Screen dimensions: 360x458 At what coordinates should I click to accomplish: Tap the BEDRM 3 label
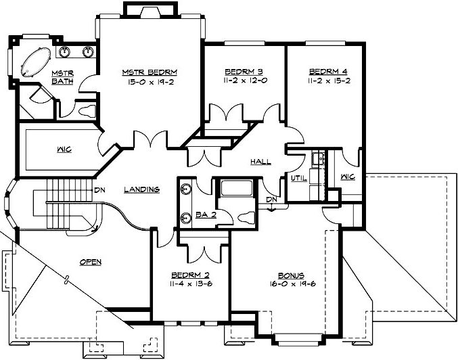[x=244, y=70]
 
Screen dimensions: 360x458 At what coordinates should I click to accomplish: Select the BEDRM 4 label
[x=327, y=70]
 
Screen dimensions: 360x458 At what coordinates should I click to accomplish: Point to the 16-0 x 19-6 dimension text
[x=291, y=286]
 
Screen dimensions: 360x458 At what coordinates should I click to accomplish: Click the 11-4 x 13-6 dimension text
[x=191, y=286]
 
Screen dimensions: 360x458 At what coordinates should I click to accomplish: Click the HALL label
[x=260, y=162]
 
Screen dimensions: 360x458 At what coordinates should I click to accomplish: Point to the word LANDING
[x=141, y=189]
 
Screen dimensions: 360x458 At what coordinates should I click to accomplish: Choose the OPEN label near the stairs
[x=90, y=261]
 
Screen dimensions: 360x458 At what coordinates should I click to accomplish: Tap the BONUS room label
[x=291, y=276]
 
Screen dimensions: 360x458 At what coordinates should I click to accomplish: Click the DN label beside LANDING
[x=99, y=189]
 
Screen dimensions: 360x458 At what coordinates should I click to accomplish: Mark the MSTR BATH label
[x=62, y=76]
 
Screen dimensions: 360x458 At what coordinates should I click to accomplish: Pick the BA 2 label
[x=206, y=215]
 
